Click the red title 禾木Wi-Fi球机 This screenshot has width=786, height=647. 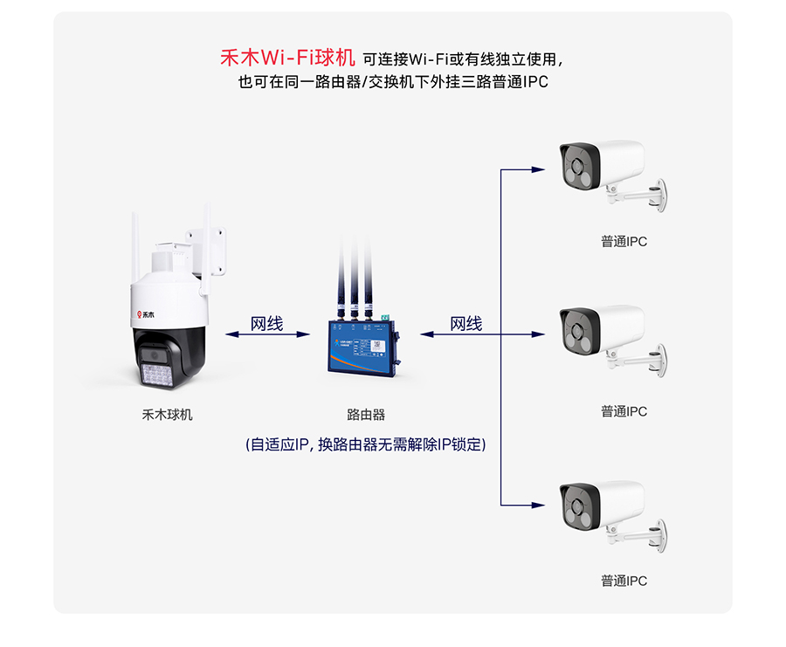pyautogui.click(x=287, y=59)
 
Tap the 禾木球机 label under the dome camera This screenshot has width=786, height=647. pyautogui.click(x=167, y=415)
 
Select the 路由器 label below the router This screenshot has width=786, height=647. pyautogui.click(x=366, y=415)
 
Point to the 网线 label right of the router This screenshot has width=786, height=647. pyautogui.click(x=465, y=324)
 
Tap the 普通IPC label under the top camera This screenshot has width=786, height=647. pyautogui.click(x=624, y=241)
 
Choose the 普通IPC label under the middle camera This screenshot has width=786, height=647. pyautogui.click(x=624, y=411)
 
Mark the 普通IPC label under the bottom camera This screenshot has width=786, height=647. pyautogui.click(x=624, y=581)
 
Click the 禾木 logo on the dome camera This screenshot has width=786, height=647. pyautogui.click(x=142, y=313)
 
